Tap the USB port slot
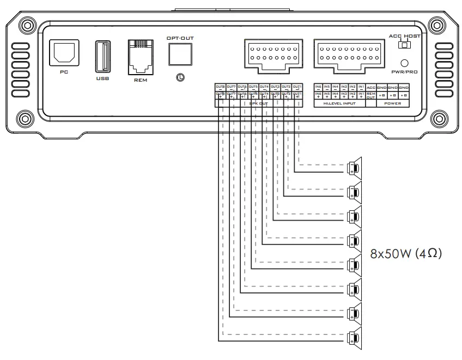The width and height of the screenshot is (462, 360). point(102,56)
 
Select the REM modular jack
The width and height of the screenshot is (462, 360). point(141,56)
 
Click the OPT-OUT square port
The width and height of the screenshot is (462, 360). point(180,55)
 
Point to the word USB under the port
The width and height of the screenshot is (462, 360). point(102,79)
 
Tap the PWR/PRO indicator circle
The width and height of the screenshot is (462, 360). point(404,63)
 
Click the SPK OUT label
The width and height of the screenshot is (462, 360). point(258,103)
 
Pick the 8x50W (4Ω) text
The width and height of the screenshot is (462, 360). point(405,253)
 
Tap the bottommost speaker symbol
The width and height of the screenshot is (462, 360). point(355,338)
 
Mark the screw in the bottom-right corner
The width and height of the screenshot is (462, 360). point(438,118)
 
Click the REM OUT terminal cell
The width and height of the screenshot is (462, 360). point(371,95)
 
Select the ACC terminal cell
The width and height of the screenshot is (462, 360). point(371,87)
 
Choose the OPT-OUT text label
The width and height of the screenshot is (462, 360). point(180,38)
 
